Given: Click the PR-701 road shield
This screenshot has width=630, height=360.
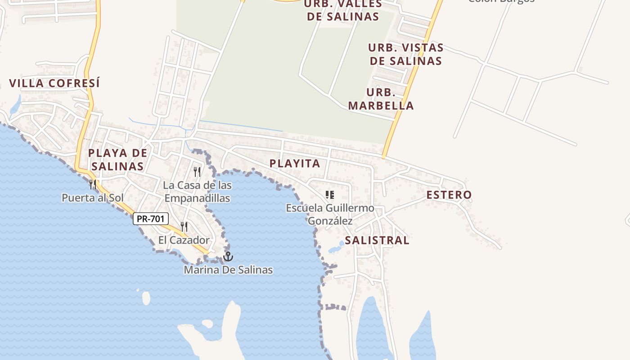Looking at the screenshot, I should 151,219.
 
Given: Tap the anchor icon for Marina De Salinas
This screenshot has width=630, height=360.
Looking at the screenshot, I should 229,256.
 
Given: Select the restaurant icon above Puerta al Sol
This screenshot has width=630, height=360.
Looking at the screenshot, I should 92,184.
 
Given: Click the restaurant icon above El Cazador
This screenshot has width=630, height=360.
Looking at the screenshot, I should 184,227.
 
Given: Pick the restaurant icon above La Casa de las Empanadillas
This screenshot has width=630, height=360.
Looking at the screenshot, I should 197,171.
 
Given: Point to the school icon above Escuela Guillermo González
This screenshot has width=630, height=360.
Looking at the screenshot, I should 330,195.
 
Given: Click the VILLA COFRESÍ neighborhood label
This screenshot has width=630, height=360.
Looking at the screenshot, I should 54,83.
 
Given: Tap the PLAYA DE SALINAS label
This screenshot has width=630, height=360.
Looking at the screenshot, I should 117,159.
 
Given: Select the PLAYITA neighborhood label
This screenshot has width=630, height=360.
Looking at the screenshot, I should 295,163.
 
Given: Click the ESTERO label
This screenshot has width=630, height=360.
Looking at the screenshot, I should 449,195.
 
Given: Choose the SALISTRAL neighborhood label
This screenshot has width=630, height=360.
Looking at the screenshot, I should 377,240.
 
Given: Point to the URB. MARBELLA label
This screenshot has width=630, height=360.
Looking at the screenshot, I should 381,99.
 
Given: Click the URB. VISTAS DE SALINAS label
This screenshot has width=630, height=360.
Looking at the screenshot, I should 405,54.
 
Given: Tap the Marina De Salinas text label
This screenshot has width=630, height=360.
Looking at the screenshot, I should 228,270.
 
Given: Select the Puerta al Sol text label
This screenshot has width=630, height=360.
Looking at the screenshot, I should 93,198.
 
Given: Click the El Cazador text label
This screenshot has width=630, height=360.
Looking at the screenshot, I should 184,240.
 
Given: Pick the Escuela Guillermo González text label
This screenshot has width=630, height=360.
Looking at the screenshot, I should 330,214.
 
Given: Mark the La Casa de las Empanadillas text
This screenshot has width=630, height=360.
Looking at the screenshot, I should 197,192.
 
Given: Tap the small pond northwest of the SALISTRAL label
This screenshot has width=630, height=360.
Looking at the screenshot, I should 335,249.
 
